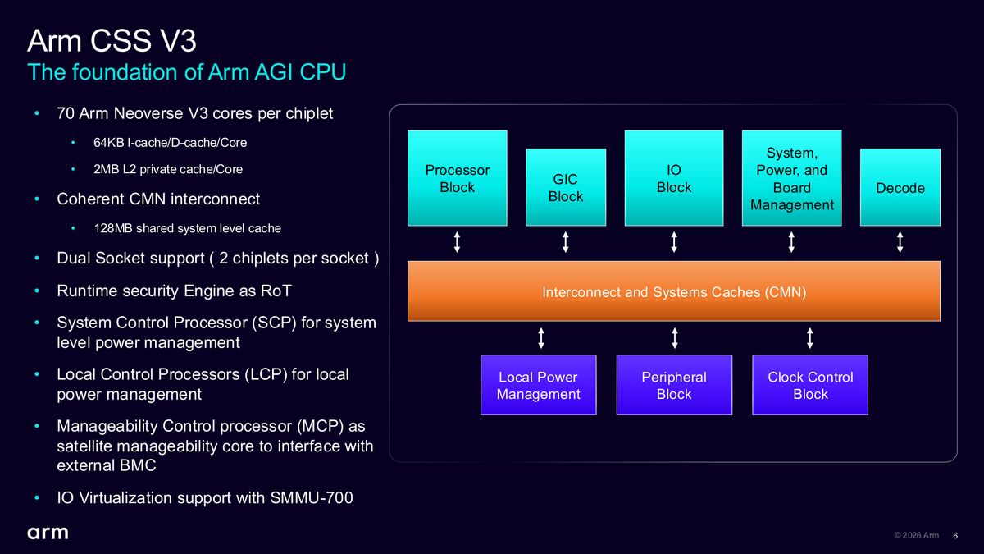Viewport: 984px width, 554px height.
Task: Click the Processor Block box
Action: pos(458,178)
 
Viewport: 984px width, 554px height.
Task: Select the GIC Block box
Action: pos(566,187)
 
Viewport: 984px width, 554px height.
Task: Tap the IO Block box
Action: pos(674,178)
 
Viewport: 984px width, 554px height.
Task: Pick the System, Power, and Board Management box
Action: pos(791,178)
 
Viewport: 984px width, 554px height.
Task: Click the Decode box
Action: pos(900,187)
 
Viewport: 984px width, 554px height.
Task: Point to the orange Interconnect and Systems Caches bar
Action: pos(674,291)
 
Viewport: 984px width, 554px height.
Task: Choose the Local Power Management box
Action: pos(539,385)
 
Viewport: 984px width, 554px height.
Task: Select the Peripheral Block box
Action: pos(674,385)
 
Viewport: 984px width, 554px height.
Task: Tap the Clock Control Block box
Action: pos(810,385)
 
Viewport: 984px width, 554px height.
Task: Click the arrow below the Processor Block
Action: pos(457,242)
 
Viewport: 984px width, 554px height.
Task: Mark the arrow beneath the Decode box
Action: pos(900,242)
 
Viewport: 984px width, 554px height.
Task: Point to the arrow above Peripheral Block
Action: pos(675,338)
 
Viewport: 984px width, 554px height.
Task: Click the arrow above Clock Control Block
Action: pos(810,338)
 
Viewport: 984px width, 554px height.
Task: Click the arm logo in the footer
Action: pos(48,533)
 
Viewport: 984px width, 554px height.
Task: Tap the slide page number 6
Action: pos(955,535)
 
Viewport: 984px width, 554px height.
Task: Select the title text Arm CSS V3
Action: pos(112,41)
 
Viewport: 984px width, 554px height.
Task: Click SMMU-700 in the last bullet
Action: pos(312,497)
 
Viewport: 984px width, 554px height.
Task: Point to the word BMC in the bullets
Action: pos(138,465)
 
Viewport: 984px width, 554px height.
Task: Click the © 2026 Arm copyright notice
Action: pos(917,535)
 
